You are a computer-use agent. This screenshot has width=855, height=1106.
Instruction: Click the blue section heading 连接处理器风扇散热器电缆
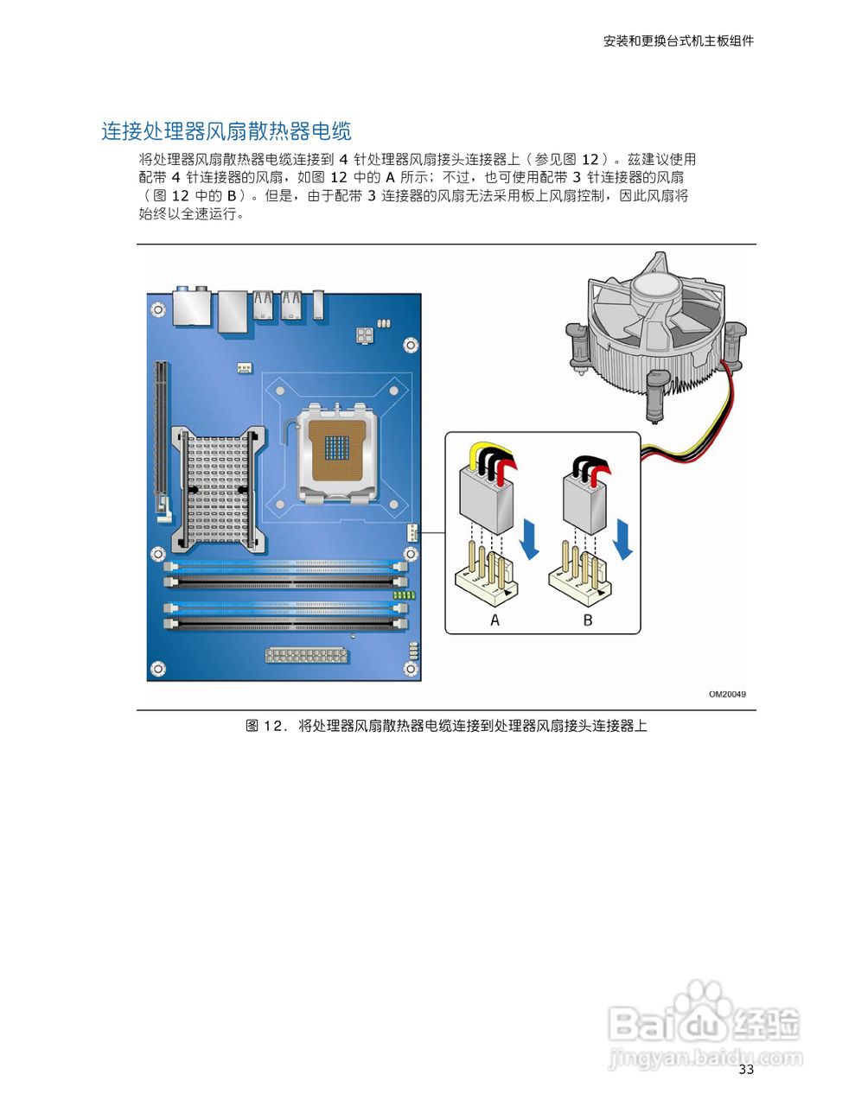[227, 131]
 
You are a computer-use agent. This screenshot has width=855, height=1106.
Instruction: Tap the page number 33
[746, 1070]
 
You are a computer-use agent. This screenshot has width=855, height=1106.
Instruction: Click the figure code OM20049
[727, 694]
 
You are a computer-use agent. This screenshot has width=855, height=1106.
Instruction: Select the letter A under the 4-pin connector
[494, 620]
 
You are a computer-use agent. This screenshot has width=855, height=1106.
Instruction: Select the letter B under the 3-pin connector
[588, 620]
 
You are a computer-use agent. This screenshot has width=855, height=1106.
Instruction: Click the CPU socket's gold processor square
[337, 448]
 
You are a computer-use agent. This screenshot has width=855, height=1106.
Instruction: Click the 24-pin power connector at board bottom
[306, 654]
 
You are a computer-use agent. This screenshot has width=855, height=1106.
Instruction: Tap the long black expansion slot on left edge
[159, 436]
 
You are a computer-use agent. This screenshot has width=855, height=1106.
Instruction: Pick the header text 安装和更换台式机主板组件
[679, 41]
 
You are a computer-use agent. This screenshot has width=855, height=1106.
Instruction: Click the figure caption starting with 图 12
[446, 726]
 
